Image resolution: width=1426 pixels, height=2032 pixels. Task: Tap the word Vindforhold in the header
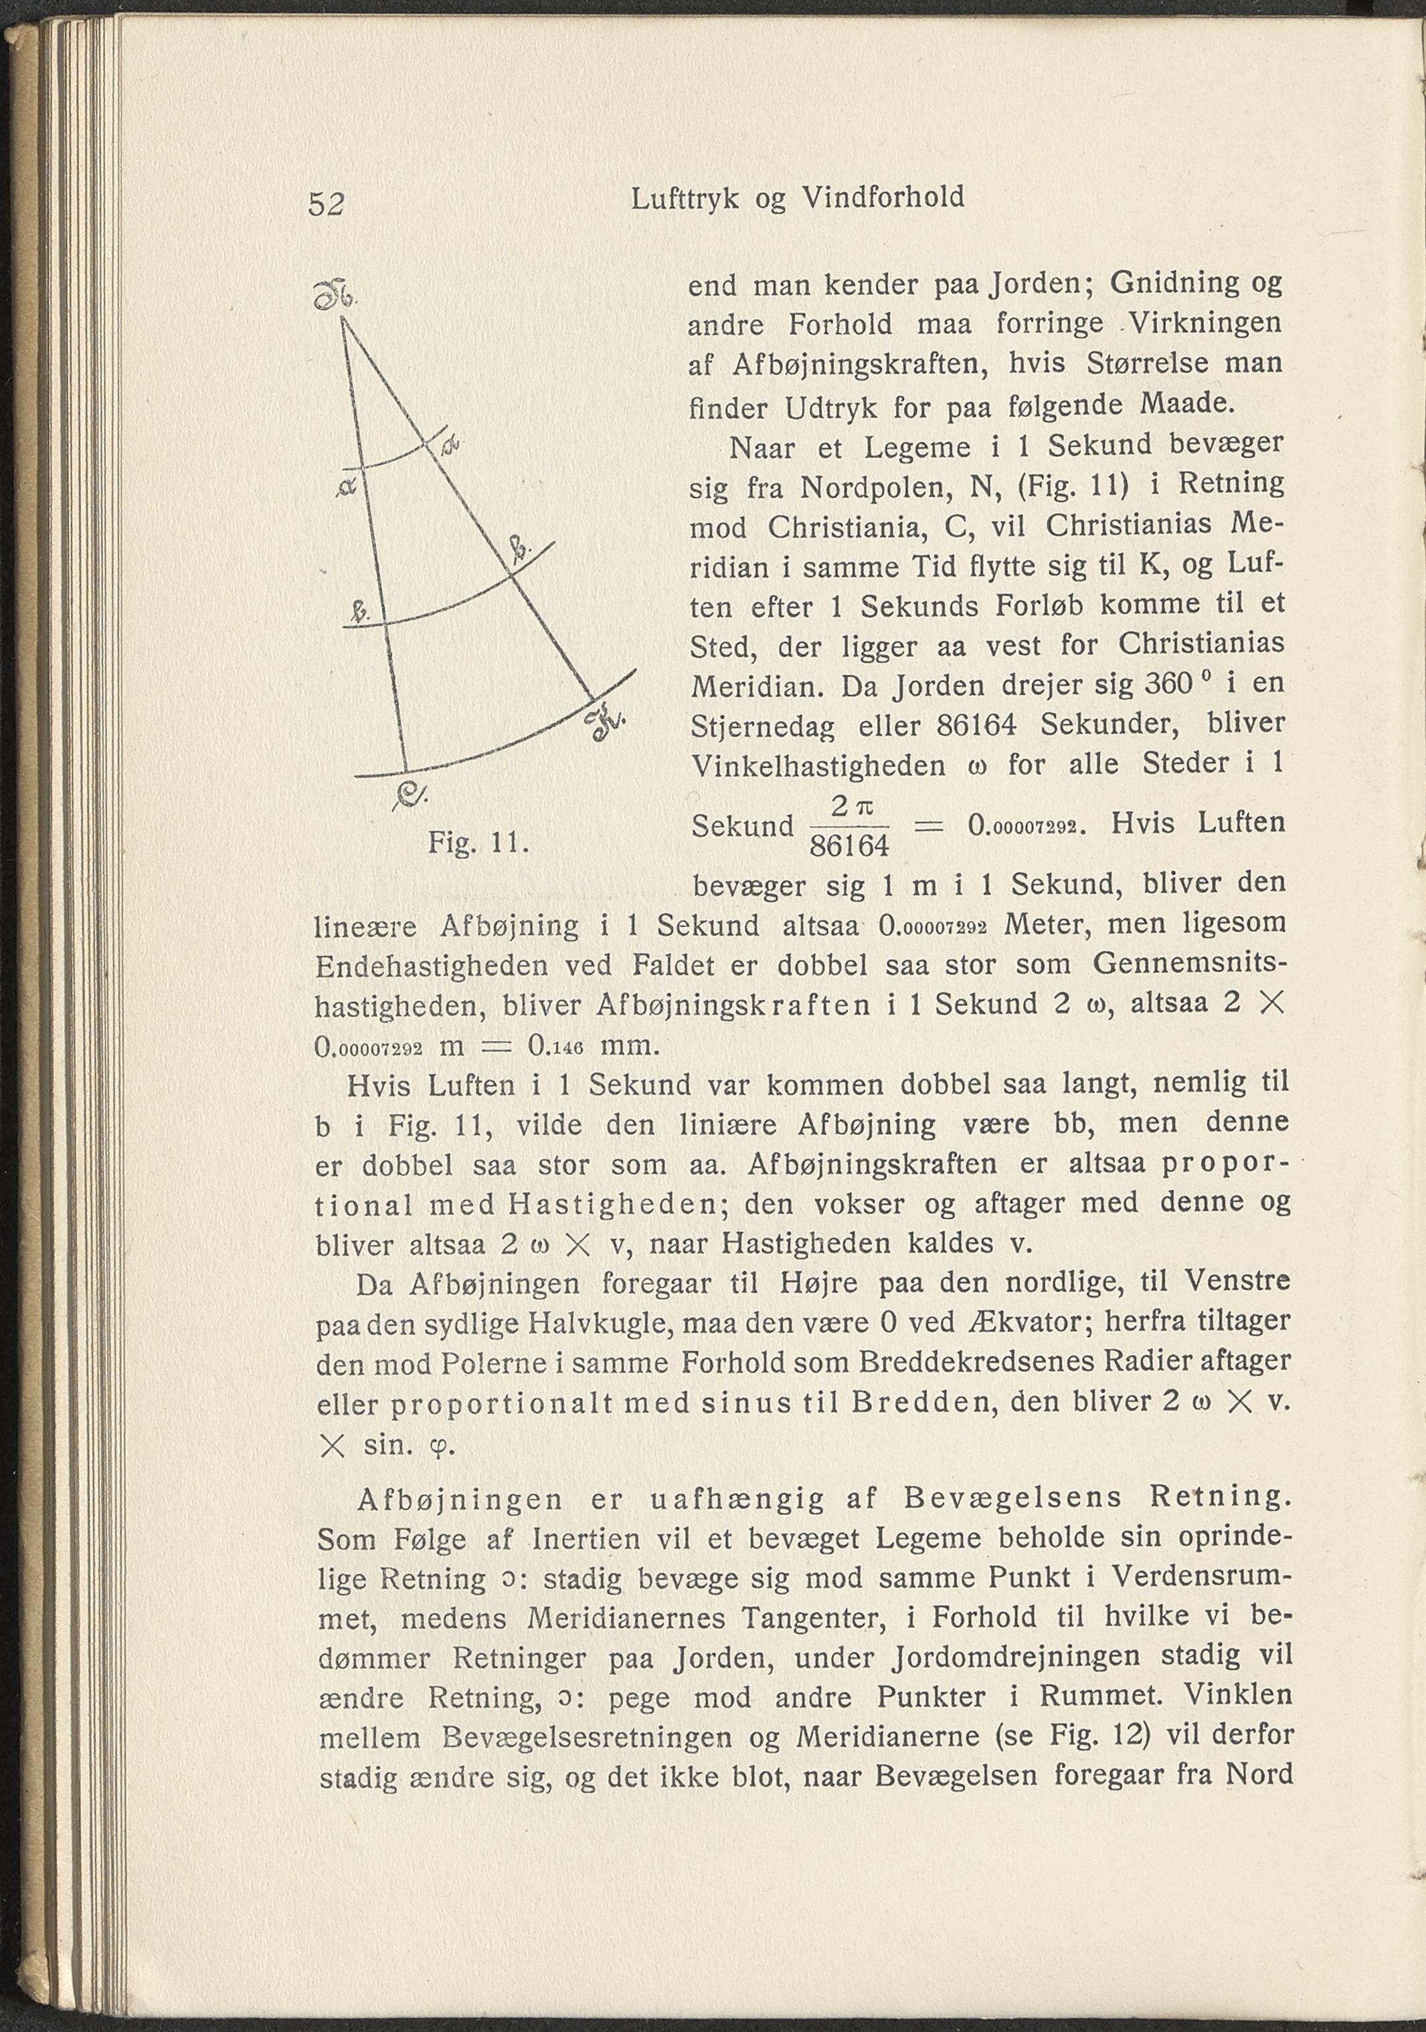[x=883, y=197]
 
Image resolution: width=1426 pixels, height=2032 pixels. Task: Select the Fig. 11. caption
[x=478, y=841]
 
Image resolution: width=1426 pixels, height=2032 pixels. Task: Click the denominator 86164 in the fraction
[x=850, y=847]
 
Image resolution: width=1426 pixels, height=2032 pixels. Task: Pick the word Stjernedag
[x=762, y=728]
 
